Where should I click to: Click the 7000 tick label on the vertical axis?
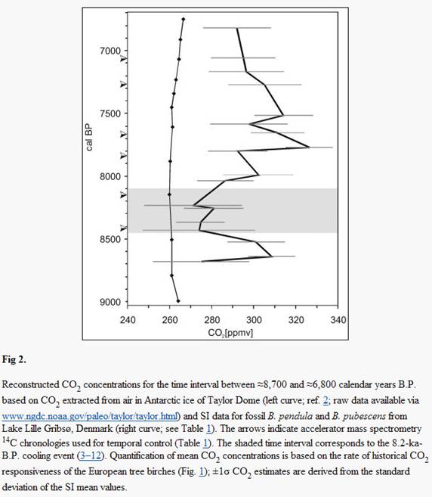click(x=110, y=51)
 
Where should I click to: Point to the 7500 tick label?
click(x=110, y=113)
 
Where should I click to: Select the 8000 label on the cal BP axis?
click(x=110, y=176)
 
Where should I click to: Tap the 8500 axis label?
click(x=110, y=239)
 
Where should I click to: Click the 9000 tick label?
click(x=110, y=302)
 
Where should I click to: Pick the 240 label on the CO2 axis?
click(x=128, y=320)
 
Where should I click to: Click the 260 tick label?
click(x=170, y=320)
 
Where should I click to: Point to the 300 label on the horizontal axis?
click(x=254, y=320)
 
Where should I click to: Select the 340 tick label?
click(x=338, y=320)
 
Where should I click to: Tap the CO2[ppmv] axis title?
click(x=230, y=333)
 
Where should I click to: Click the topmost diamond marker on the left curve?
click(x=184, y=20)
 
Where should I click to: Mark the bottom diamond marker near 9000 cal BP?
click(x=178, y=301)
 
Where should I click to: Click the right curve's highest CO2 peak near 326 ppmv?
click(x=309, y=147)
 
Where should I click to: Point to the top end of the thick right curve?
click(x=237, y=28)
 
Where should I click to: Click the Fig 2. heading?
click(x=14, y=359)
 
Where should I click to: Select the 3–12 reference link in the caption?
click(x=91, y=456)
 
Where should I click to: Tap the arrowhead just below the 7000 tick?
click(x=124, y=58)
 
